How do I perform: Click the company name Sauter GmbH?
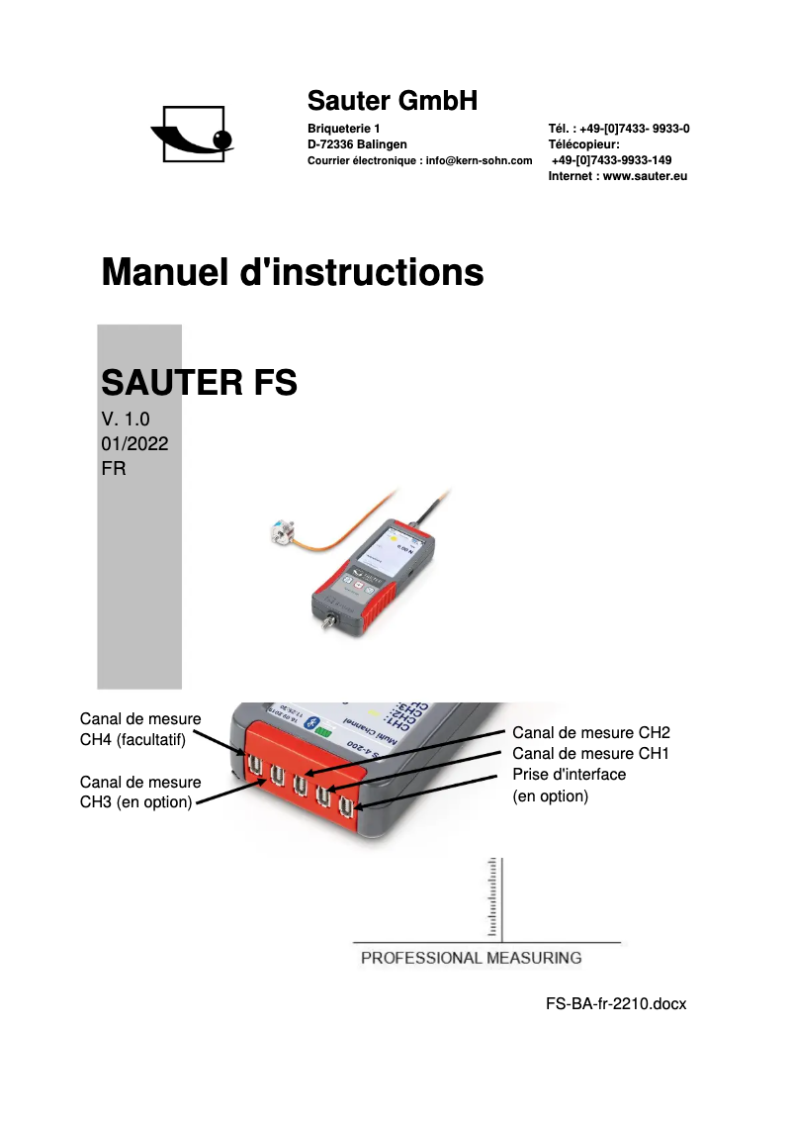click(x=393, y=100)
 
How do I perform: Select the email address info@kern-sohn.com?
click(x=479, y=160)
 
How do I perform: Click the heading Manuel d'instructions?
click(x=293, y=271)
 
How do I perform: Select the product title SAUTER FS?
click(x=200, y=382)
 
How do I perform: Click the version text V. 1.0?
click(x=126, y=419)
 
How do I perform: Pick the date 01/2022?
click(x=134, y=444)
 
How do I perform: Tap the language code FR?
click(x=114, y=469)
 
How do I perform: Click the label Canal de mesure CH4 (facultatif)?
click(x=140, y=729)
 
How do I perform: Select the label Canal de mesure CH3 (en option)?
click(x=140, y=792)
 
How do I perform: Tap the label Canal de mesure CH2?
click(x=591, y=733)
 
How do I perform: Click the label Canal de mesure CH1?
click(x=591, y=754)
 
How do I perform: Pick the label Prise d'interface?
click(x=570, y=774)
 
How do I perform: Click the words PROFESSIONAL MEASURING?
click(x=471, y=958)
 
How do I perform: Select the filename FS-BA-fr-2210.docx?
click(x=615, y=1003)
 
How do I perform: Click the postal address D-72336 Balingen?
click(x=357, y=144)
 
